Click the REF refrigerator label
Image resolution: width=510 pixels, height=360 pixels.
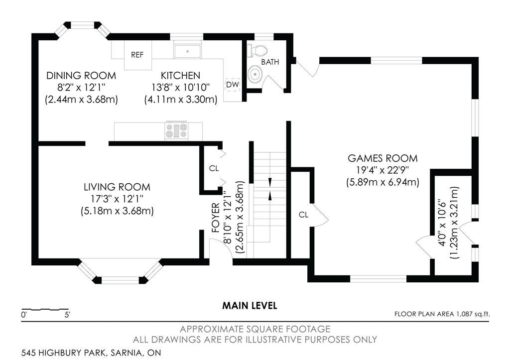pyautogui.click(x=137, y=55)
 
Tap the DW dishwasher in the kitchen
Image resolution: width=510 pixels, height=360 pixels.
pyautogui.click(x=233, y=85)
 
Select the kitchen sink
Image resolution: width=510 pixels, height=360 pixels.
pyautogui.click(x=187, y=51)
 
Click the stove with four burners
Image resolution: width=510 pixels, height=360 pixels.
pyautogui.click(x=177, y=131)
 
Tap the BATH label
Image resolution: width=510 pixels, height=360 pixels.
pyautogui.click(x=270, y=62)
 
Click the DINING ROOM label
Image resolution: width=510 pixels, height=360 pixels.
pyautogui.click(x=81, y=76)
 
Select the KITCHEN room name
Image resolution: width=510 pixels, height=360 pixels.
pyautogui.click(x=180, y=76)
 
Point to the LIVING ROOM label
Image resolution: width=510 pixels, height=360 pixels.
pyautogui.click(x=117, y=187)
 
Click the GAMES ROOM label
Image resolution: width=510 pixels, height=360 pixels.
pyautogui.click(x=382, y=158)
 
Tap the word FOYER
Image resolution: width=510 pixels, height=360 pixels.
pyautogui.click(x=216, y=218)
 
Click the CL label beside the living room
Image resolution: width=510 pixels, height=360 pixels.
pyautogui.click(x=214, y=168)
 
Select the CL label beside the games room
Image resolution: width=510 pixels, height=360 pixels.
pyautogui.click(x=303, y=215)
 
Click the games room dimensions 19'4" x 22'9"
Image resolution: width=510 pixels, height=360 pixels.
pyautogui.click(x=382, y=170)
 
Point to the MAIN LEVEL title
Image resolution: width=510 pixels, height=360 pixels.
pyautogui.click(x=250, y=306)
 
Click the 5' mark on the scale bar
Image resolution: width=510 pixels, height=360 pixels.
pyautogui.click(x=67, y=315)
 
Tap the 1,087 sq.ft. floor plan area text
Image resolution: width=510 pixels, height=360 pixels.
pyautogui.click(x=473, y=314)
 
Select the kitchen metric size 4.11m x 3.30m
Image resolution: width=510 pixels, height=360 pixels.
pyautogui.click(x=181, y=99)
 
